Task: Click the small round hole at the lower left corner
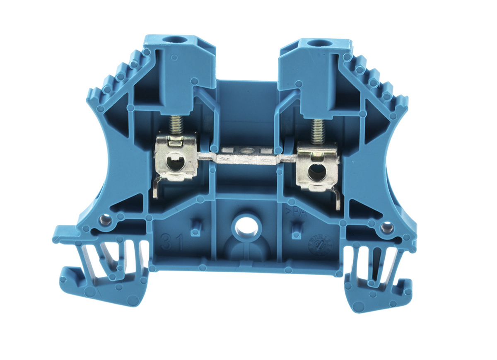106,220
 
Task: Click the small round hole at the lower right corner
386,227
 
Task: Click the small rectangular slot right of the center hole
296,229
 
